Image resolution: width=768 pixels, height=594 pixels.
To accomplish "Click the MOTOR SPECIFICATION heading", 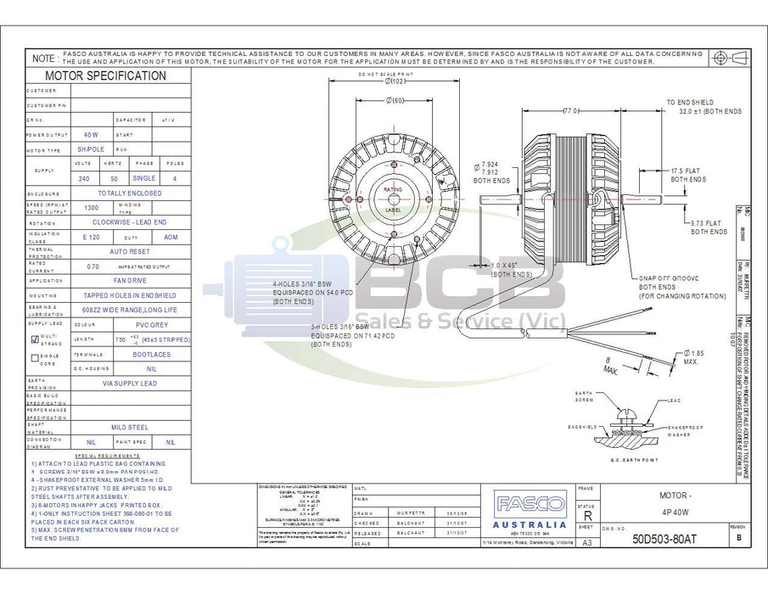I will pyautogui.click(x=105, y=76).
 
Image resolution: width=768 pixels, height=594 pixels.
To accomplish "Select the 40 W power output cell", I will pyautogui.click(x=90, y=134).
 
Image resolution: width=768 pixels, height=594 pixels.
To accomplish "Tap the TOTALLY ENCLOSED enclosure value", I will pyautogui.click(x=129, y=193).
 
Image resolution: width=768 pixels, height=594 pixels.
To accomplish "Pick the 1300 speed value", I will pyautogui.click(x=91, y=207).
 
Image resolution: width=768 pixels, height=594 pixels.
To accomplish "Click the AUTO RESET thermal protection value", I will pyautogui.click(x=129, y=251).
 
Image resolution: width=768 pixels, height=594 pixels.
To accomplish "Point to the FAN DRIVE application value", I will pyautogui.click(x=129, y=279).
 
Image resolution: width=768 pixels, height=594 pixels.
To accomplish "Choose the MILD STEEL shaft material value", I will pyautogui.click(x=129, y=428).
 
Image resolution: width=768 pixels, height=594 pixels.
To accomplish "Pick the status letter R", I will pyautogui.click(x=585, y=515).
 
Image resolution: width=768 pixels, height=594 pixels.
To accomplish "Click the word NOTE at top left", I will pyautogui.click(x=43, y=59).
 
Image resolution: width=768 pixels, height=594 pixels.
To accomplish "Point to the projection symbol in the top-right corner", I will pyautogui.click(x=728, y=57).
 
